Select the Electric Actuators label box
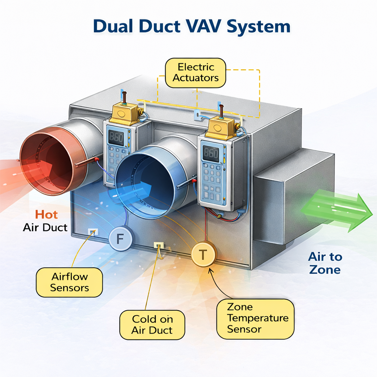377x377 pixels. [195, 73]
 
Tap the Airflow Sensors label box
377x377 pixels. [69, 282]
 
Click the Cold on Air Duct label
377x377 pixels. [152, 324]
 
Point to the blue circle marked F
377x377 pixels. [120, 239]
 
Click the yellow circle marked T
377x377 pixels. [203, 253]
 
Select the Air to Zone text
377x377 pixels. [325, 263]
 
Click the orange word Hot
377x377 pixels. [46, 215]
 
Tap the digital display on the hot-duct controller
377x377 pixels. [116, 137]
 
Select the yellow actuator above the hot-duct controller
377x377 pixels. [126, 113]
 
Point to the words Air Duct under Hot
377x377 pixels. [45, 227]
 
